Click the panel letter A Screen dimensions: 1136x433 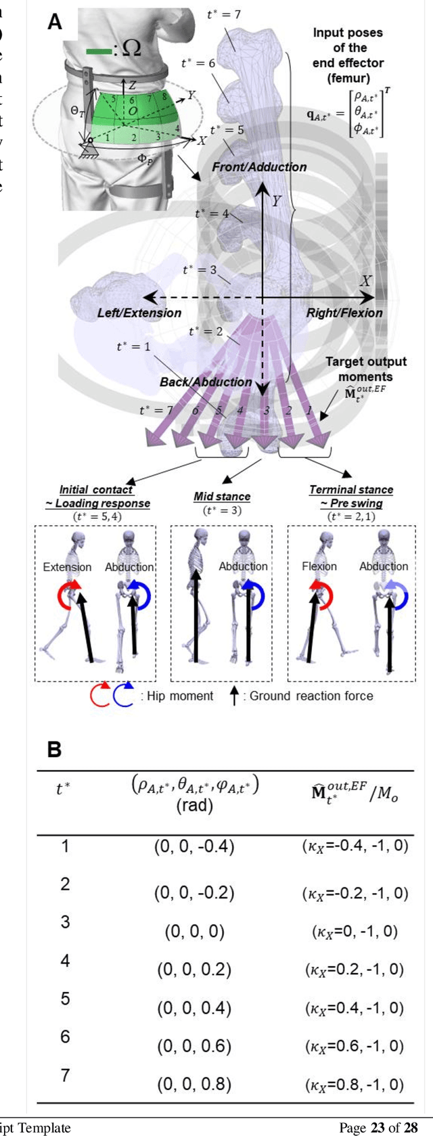point(55,22)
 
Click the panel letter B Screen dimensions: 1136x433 point(54,749)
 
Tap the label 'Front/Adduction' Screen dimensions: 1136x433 point(259,166)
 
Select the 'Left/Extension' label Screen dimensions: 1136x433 point(139,313)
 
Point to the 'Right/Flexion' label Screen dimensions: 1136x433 point(344,313)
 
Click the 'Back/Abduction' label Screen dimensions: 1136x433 point(206,382)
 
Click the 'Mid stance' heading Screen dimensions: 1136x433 point(222,496)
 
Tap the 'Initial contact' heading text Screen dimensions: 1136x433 point(96,489)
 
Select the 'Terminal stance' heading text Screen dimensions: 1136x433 point(351,489)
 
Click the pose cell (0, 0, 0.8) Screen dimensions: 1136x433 point(194,1084)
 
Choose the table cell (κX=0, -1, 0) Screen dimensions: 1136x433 point(355,931)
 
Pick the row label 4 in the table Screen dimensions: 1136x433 point(65,960)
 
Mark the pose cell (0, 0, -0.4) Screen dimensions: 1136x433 point(194,846)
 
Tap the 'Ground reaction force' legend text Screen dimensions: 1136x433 point(311,696)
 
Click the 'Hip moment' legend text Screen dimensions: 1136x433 point(180,696)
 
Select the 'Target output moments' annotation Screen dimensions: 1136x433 point(365,369)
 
